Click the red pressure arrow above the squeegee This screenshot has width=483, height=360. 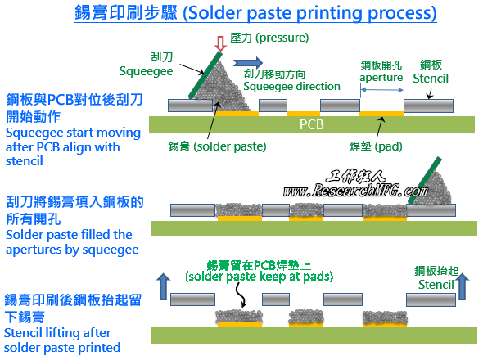click(220, 43)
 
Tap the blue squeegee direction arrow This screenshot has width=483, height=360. click(248, 62)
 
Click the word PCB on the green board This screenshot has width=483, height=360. click(312, 124)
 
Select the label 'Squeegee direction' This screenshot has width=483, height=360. click(291, 86)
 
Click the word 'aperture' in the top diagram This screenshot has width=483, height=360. click(381, 77)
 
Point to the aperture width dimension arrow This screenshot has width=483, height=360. click(382, 90)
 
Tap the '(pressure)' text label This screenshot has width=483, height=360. click(282, 38)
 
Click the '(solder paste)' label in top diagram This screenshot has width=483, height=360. click(230, 146)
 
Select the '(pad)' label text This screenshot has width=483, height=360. click(388, 146)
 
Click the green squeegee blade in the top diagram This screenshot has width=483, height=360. click(205, 75)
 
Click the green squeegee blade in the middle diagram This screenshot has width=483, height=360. click(425, 181)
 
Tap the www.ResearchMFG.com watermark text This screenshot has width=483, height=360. click(355, 191)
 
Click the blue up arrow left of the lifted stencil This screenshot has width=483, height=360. click(163, 286)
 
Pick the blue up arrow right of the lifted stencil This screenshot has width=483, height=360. click(463, 286)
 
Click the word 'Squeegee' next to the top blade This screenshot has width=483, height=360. click(146, 71)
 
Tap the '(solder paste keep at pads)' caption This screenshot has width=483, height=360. click(259, 277)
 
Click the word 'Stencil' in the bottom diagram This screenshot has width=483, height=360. click(436, 285)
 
